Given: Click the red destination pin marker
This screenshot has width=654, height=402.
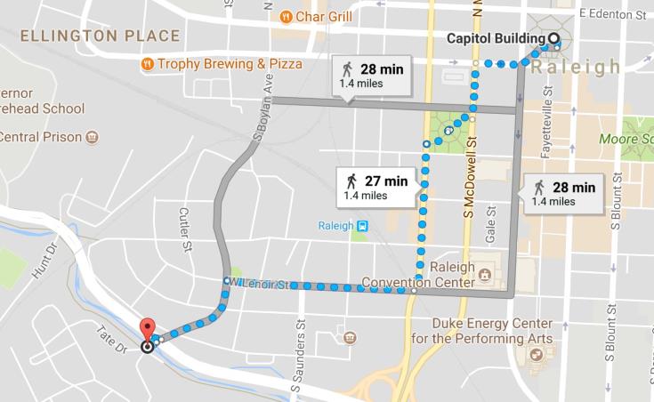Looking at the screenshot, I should coord(148,328).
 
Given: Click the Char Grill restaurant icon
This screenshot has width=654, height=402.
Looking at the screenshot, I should coord(287,16).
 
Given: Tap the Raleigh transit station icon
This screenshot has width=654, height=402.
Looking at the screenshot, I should coord(361,227).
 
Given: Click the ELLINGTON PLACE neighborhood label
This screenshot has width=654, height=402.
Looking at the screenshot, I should coord(100,36).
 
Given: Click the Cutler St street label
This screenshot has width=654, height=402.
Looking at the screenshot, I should coord(185,229).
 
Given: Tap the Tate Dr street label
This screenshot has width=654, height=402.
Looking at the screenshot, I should coord(111,340).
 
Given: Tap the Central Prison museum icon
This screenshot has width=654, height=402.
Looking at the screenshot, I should coord(92,137).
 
